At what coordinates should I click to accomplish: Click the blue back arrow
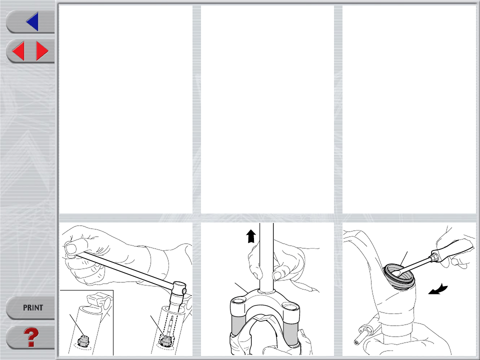[33, 21]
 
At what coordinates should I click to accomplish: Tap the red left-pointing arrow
[18, 51]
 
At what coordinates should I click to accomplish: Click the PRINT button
[33, 307]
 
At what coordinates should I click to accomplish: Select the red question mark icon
[31, 337]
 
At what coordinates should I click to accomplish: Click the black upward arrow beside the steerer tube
[251, 236]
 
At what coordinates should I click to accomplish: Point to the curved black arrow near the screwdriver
[438, 289]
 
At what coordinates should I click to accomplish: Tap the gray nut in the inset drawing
[83, 340]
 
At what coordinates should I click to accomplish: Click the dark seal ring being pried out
[399, 276]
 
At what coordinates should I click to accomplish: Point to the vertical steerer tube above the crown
[266, 256]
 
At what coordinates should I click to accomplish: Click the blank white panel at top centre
[267, 109]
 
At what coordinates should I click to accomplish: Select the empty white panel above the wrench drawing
[126, 109]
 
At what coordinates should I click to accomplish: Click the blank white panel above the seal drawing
[409, 109]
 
